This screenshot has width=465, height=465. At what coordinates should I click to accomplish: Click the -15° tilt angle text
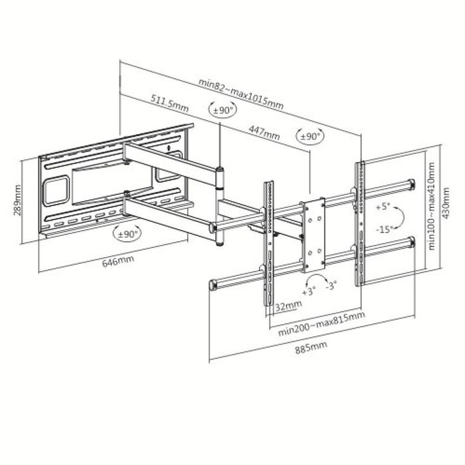click(x=381, y=229)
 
